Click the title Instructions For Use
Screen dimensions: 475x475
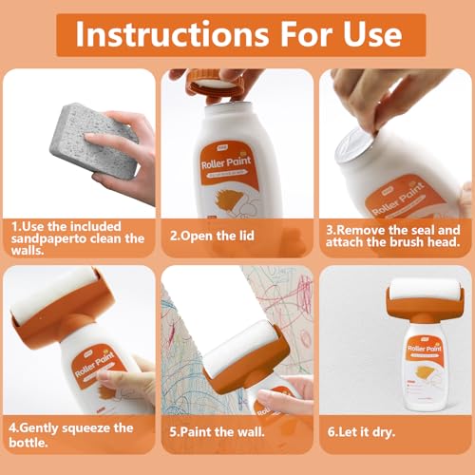pyautogui.click(x=238, y=35)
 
